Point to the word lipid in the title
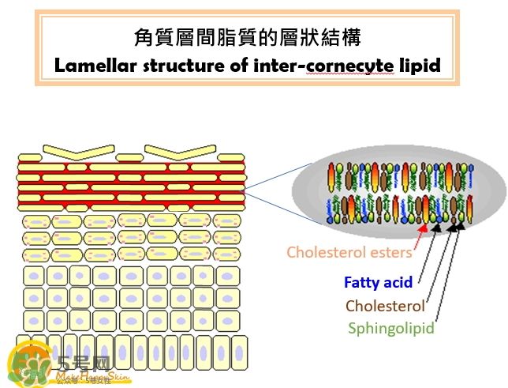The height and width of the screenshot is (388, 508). coord(420,64)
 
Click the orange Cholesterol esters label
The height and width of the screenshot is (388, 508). coord(349,253)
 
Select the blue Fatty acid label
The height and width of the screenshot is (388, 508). coord(378,281)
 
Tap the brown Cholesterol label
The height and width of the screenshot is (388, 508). coord(385,305)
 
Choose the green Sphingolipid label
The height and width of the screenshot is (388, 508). coord(390,327)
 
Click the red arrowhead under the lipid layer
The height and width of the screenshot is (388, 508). coord(423,228)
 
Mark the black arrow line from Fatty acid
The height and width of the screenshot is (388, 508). coord(427,257)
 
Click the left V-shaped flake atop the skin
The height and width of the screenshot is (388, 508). coord(77,150)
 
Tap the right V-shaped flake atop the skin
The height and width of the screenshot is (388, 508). coord(179,149)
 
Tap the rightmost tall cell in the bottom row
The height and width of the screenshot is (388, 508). coord(238,353)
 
